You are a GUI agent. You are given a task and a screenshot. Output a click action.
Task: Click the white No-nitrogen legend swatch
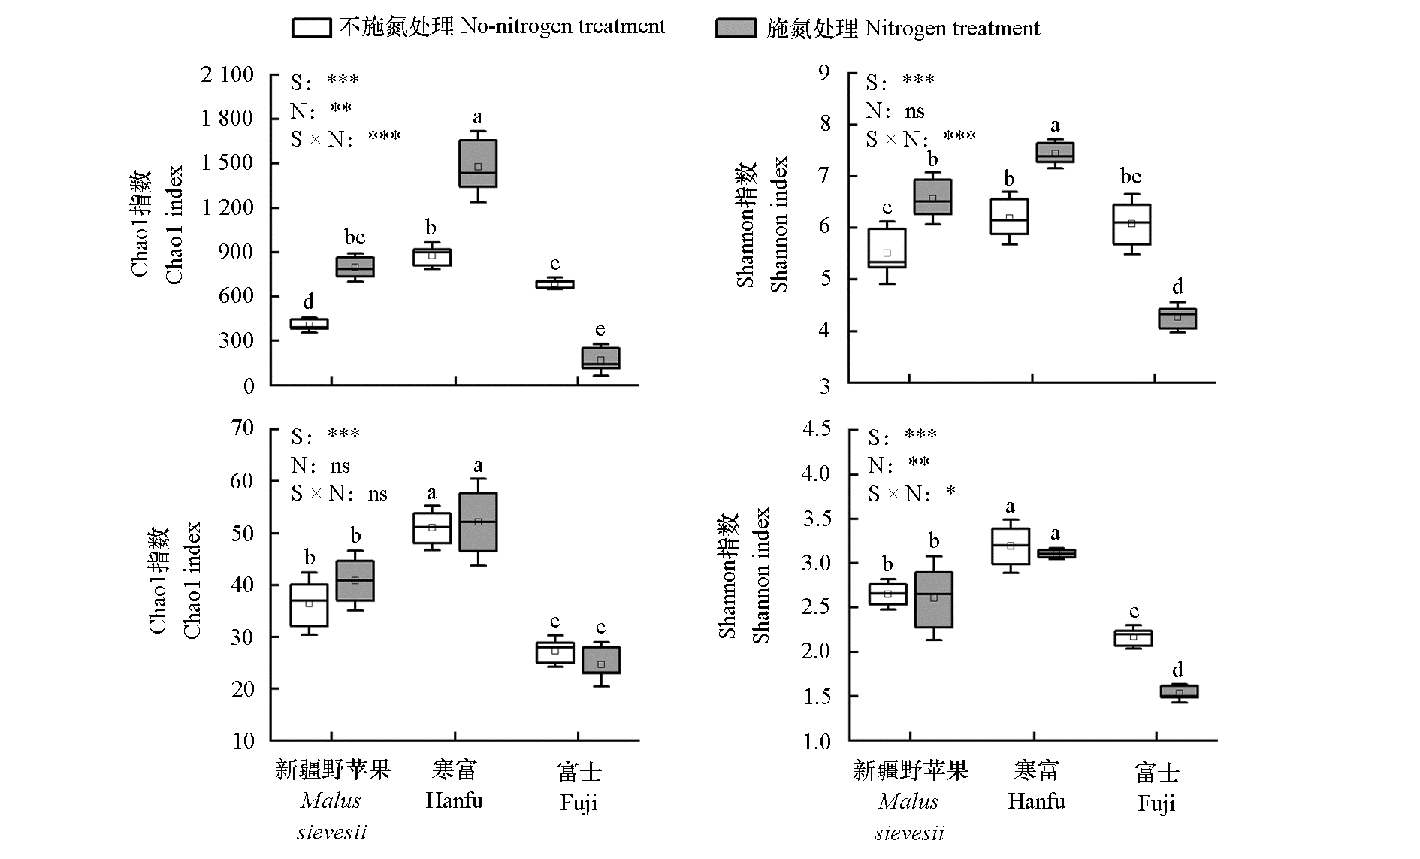pyautogui.click(x=311, y=29)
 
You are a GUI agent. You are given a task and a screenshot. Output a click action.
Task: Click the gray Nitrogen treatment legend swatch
pyautogui.click(x=735, y=29)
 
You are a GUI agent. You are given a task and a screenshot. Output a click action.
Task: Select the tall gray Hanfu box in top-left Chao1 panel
pyautogui.click(x=478, y=163)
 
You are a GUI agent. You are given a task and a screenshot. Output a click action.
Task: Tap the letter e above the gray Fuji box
pyautogui.click(x=600, y=329)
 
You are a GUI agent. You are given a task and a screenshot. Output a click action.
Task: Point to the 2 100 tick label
pyautogui.click(x=227, y=74)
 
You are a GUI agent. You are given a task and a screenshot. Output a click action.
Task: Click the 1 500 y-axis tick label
pyautogui.click(x=227, y=162)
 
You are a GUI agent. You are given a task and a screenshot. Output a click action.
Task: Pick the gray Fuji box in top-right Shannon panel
pyautogui.click(x=1178, y=319)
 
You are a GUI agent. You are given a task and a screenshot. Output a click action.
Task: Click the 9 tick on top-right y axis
pyautogui.click(x=825, y=73)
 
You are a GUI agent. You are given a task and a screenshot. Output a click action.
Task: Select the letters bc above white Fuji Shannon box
pyautogui.click(x=1131, y=177)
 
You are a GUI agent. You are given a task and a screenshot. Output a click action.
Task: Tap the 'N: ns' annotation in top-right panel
pyautogui.click(x=895, y=111)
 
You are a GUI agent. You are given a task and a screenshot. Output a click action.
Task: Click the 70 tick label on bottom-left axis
pyautogui.click(x=243, y=428)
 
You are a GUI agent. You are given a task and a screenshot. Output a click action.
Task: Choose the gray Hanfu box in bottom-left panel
pyautogui.click(x=478, y=522)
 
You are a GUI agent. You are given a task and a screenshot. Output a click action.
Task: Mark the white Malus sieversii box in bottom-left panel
pyautogui.click(x=309, y=605)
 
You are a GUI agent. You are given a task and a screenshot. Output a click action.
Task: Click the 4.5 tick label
pyautogui.click(x=817, y=429)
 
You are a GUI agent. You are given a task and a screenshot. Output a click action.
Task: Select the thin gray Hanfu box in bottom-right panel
pyautogui.click(x=1056, y=553)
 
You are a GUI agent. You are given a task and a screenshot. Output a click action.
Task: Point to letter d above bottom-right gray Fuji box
pyautogui.click(x=1178, y=669)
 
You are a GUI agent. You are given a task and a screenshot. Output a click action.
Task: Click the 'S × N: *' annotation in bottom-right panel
pyautogui.click(x=911, y=493)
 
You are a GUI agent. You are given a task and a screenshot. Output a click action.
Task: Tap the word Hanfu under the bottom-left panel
pyautogui.click(x=454, y=800)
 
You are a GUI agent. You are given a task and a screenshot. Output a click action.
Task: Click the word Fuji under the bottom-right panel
pyautogui.click(x=1156, y=803)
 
